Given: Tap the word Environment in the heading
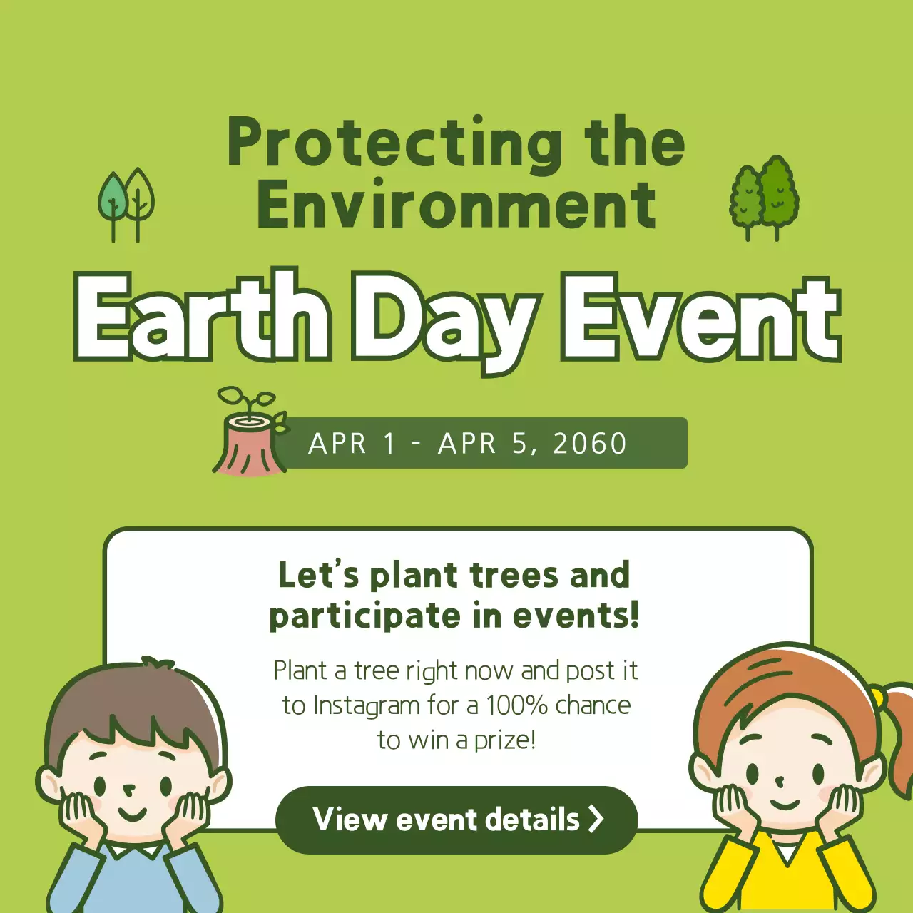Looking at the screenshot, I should (456, 205).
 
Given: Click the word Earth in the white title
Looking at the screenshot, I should (203, 317).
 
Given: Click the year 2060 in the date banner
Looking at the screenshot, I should (590, 444).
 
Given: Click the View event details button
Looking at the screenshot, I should (456, 820).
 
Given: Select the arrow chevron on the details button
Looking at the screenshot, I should (596, 819).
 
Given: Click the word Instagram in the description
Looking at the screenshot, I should (367, 705).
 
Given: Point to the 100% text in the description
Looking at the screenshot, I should (516, 705).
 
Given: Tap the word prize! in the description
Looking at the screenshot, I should (505, 740).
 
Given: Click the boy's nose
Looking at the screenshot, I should (129, 789).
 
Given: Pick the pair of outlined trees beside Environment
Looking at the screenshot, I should (126, 205).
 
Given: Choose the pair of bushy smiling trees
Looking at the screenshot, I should (764, 198).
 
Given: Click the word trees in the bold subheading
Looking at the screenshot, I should (514, 576).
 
